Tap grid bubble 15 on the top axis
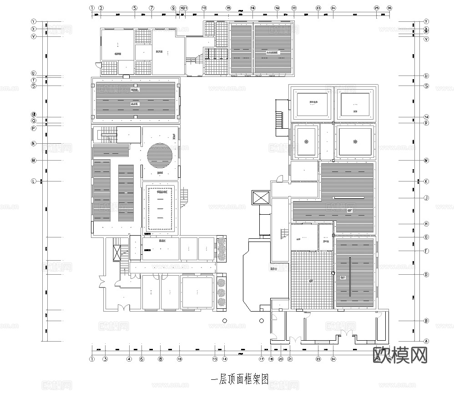click(x=228, y=8)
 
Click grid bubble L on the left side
click(x=33, y=181)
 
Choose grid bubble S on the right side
click(x=426, y=86)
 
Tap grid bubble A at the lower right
click(x=426, y=341)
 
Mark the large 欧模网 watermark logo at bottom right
click(x=400, y=354)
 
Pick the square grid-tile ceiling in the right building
click(x=312, y=280)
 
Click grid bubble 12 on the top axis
click(x=204, y=8)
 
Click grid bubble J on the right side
click(x=426, y=198)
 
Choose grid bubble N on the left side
click(x=33, y=144)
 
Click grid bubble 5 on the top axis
click(x=135, y=8)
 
